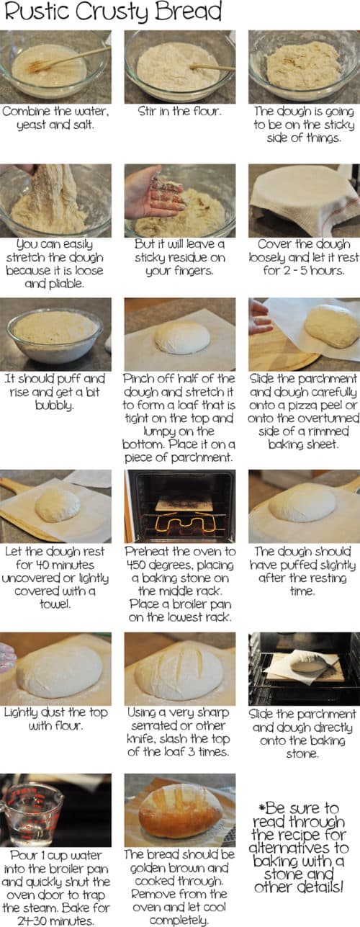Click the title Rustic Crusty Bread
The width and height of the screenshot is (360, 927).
click(111, 13)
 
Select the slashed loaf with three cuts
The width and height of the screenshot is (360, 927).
click(179, 671)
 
